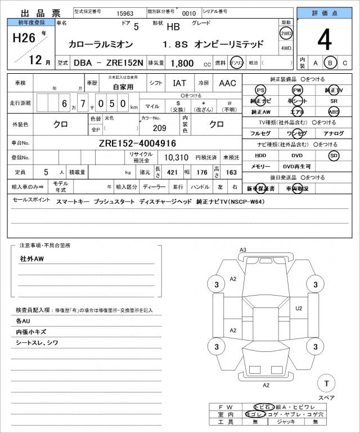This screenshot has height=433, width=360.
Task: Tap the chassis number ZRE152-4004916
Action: [138, 143]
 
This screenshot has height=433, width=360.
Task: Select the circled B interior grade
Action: [331, 63]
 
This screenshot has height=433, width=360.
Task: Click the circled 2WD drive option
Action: [286, 33]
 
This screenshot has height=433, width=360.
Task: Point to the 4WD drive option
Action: [286, 48]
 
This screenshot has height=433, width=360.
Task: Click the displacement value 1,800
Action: [182, 64]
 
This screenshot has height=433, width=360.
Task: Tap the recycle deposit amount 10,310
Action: [175, 158]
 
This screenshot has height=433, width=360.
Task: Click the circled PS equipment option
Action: [260, 90]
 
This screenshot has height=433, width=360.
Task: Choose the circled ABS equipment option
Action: [334, 111]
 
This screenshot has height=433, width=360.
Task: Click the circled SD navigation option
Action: [334, 155]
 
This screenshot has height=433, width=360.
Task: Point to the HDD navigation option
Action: [260, 155]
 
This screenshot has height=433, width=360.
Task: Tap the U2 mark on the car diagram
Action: [299, 308]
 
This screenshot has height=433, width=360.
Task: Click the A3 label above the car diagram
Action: [243, 249]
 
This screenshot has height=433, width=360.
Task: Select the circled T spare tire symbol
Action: [325, 383]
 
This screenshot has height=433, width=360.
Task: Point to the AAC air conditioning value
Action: [227, 83]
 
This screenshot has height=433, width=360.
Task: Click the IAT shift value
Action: [179, 83]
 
